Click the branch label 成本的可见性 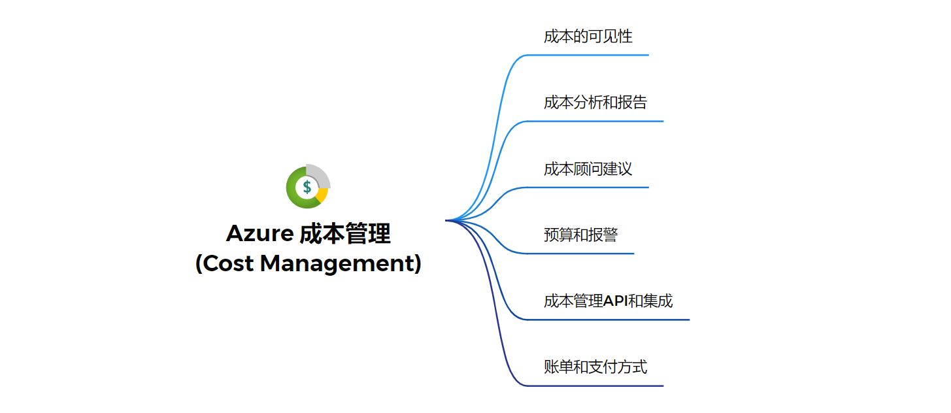588,37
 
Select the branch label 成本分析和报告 595,103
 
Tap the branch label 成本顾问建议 588,169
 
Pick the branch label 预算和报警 580,235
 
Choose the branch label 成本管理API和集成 608,301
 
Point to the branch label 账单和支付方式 595,367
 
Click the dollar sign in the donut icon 307,187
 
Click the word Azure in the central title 259,233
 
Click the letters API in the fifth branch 614,301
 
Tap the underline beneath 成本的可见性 588,55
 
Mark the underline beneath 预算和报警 582,254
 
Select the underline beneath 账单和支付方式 595,386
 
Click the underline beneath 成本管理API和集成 608,320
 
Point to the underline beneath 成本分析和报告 595,121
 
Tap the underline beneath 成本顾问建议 588,188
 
